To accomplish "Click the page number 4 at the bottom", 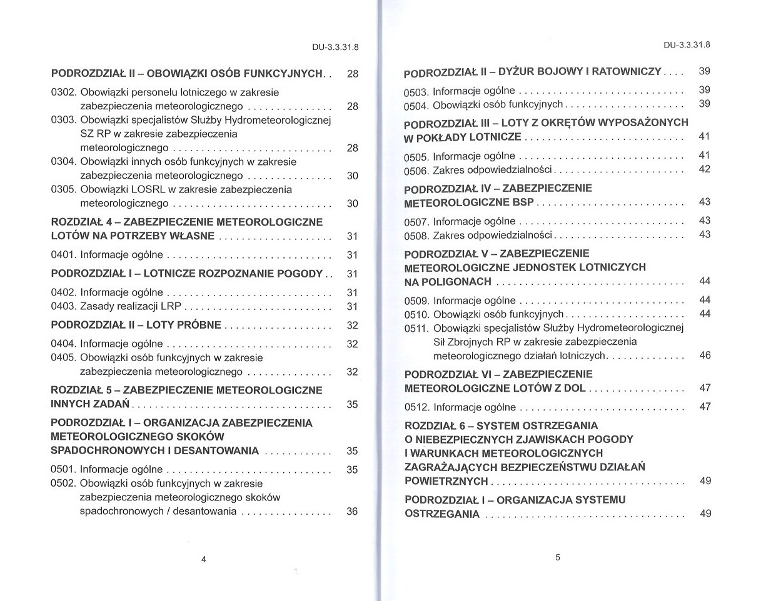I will pos(204,559).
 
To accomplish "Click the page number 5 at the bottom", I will pos(557,558).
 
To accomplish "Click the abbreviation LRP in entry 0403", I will pos(171,306).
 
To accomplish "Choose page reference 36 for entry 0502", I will pos(352,511).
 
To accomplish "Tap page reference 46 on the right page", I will pos(705,355).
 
